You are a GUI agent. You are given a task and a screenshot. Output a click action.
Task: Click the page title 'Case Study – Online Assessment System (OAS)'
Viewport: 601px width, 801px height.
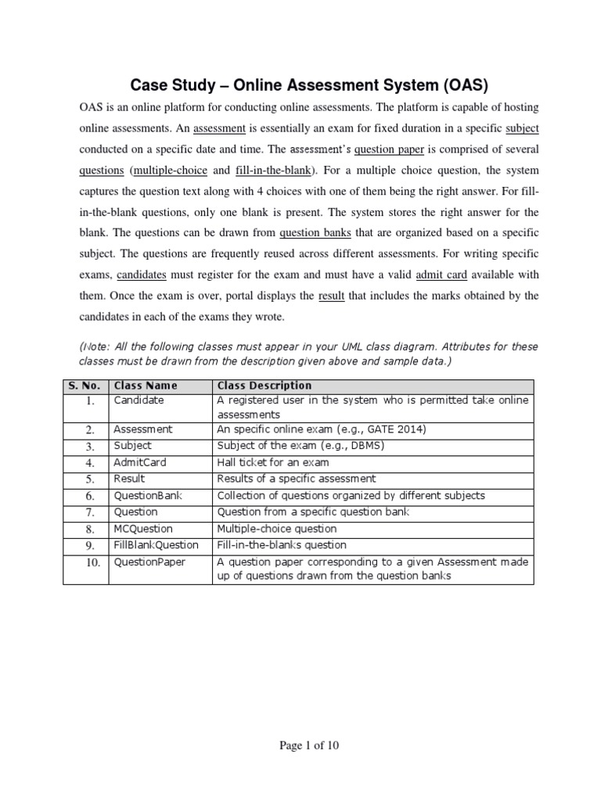[301, 84]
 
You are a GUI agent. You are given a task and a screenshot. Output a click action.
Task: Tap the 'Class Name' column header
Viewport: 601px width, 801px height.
[146, 386]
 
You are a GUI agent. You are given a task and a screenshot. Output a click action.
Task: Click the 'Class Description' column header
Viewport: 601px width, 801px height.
[264, 386]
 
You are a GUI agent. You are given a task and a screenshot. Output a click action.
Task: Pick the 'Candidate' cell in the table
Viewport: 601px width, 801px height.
[139, 400]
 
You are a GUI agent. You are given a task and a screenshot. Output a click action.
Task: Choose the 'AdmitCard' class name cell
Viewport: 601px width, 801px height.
[140, 462]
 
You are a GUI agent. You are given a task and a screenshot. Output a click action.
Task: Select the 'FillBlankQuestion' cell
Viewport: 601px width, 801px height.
[157, 544]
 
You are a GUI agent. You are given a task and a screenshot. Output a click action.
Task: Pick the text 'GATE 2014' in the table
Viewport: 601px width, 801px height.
[401, 429]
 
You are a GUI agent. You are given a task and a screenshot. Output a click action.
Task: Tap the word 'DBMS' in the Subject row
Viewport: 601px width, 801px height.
[368, 446]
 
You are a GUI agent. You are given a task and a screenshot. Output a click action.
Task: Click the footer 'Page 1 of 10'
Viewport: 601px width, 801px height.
[309, 745]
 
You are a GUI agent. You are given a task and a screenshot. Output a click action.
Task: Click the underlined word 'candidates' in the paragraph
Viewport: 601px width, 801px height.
[142, 275]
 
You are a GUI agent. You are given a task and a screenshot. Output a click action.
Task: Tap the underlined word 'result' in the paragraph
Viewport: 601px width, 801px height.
[332, 296]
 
